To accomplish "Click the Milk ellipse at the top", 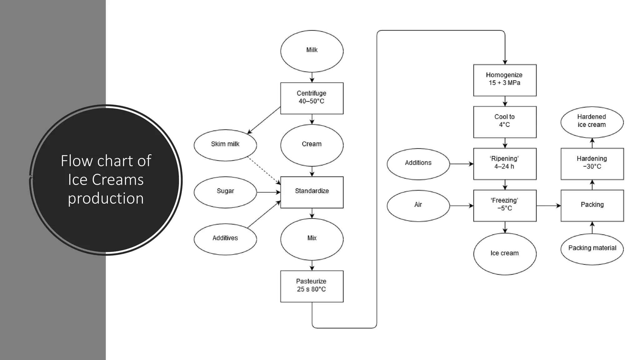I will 312,51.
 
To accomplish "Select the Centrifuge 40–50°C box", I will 312,98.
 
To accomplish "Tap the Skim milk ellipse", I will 225,145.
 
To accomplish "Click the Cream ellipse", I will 312,145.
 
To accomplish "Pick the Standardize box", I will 312,192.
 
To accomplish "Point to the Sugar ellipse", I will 225,192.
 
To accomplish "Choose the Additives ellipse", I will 225,239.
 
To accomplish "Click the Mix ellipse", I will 312,239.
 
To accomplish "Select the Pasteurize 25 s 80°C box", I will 312,286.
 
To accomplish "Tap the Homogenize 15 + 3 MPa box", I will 504,80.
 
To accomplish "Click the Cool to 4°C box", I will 504,122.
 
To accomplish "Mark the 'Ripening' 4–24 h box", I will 504,164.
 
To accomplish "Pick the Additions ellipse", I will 418,164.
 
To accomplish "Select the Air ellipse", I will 418,206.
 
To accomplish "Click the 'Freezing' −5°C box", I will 504,206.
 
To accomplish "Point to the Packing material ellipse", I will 592,249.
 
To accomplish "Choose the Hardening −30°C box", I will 592,164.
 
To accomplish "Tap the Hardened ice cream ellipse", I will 592,122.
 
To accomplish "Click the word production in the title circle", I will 106,198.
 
